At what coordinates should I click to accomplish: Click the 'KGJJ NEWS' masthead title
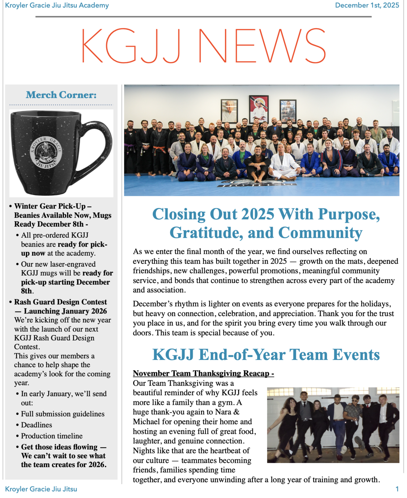[x=203, y=46]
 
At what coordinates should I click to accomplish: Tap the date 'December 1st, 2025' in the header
[x=367, y=5]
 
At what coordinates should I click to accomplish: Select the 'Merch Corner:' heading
[x=61, y=95]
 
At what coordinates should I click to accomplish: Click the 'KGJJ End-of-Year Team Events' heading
[x=266, y=355]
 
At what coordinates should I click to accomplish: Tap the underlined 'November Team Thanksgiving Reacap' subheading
[x=203, y=373]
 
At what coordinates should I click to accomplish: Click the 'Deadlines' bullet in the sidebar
[x=36, y=425]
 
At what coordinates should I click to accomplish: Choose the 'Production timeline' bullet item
[x=52, y=436]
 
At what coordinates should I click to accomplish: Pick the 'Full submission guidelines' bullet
[x=63, y=414]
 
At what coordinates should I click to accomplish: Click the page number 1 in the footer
[x=397, y=489]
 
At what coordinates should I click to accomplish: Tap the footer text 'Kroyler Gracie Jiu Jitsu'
[x=41, y=489]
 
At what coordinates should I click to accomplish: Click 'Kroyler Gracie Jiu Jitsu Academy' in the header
[x=57, y=5]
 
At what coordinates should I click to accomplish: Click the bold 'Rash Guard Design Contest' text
[x=61, y=302]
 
